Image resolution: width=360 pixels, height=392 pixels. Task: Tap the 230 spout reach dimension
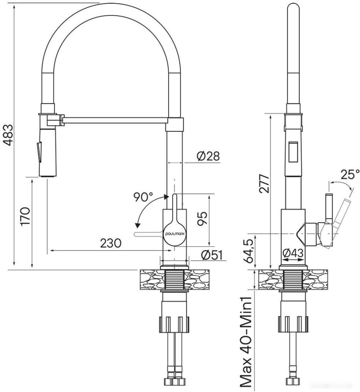[x=110, y=244]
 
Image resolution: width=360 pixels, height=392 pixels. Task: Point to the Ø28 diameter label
[x=208, y=156]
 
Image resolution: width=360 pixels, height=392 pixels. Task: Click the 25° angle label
[x=349, y=174]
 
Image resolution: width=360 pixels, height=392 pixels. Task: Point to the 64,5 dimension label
[x=250, y=251]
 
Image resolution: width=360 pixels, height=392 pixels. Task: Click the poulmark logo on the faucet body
[x=175, y=234]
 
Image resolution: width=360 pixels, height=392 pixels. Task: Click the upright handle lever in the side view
[x=329, y=208]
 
